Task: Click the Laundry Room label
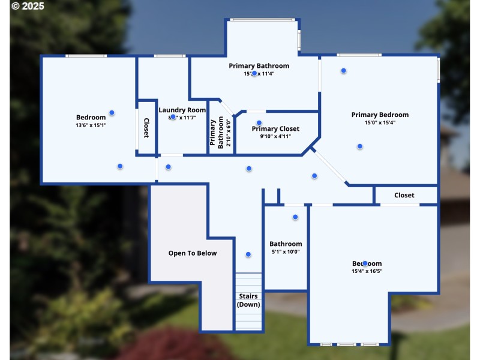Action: coord(182,110)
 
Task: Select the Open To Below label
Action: coord(192,253)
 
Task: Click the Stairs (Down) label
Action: coord(248,300)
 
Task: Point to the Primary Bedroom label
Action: coord(380,115)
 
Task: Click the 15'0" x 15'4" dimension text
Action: coord(380,122)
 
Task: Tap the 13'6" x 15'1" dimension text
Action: coord(91,125)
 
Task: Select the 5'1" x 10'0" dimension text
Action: coord(286,252)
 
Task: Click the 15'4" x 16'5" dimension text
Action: coord(367,271)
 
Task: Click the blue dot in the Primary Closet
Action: coord(259,122)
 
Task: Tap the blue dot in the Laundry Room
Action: coord(173,117)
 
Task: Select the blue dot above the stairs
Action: coord(248,254)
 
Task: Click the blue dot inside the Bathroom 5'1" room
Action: coord(295,217)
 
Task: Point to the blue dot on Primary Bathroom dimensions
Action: coord(254,73)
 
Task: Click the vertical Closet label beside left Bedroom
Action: coord(146,128)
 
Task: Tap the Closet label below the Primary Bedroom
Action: coord(404,195)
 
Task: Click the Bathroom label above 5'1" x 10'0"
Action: coord(286,244)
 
